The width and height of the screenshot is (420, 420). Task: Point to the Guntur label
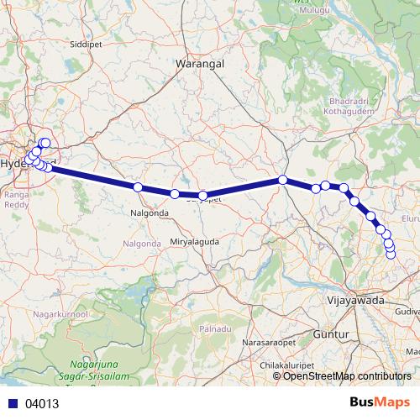pyautogui.click(x=332, y=335)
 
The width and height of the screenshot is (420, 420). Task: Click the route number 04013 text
pyautogui.click(x=42, y=403)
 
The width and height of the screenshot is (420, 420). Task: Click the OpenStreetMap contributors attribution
pyautogui.click(x=347, y=375)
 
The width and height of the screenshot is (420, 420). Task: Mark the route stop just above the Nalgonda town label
pyautogui.click(x=137, y=187)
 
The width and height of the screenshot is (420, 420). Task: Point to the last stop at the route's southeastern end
pyautogui.click(x=391, y=254)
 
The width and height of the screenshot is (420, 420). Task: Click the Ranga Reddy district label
pyautogui.click(x=16, y=197)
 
